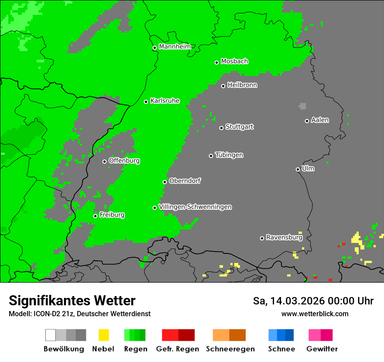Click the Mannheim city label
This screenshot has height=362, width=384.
coord(175,47)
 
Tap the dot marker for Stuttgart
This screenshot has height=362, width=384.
coord(222,128)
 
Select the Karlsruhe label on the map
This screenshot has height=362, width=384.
coord(165,101)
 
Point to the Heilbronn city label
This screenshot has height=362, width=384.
coord(242,85)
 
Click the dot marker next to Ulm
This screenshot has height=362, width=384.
coord(298,169)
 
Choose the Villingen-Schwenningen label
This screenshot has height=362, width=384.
coord(195,207)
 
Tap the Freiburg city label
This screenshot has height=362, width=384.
coord(112,215)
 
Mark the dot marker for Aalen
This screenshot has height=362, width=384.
coord(307,121)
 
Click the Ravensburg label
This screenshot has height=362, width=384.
coord(284,237)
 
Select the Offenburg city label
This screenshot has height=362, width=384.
coord(124,161)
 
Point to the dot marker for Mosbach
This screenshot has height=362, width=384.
coord(216,62)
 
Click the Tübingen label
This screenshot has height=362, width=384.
coord(229,155)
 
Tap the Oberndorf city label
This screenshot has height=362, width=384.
coord(185,181)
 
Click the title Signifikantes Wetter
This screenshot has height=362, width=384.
coord(72,301)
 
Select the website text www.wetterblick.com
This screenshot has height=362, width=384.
coord(315,314)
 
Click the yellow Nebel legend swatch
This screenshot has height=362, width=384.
coord(104,335)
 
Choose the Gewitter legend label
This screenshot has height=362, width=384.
coord(322,349)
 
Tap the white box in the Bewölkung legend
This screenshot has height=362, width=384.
coord(51,335)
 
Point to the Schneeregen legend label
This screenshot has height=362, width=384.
coord(230,349)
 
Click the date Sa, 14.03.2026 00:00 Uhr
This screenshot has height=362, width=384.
coord(313,301)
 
